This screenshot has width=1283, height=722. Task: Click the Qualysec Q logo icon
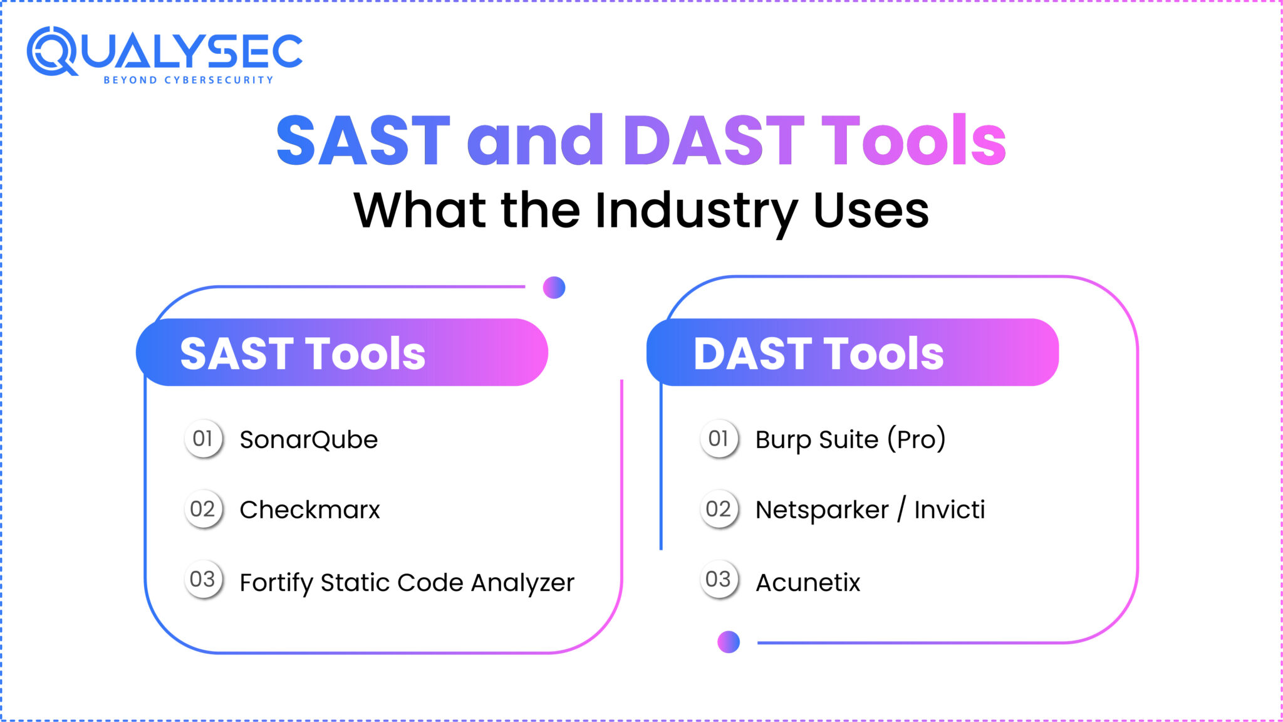[x=51, y=51]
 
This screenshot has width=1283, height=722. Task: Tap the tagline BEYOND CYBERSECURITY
[x=188, y=80]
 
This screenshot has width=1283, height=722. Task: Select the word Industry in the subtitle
[x=695, y=211]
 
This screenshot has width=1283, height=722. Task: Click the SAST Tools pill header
[x=342, y=352]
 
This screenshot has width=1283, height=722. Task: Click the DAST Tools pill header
[x=852, y=352]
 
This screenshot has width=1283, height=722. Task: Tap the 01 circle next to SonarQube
[x=203, y=439]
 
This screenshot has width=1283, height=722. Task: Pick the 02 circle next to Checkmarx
[x=203, y=509]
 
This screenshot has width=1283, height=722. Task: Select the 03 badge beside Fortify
[x=203, y=579]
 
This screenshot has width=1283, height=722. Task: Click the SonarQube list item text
[x=309, y=440]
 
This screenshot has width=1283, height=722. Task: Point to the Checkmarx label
[x=309, y=510]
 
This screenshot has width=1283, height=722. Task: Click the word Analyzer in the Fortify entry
[x=522, y=583]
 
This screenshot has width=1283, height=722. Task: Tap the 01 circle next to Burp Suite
[x=719, y=439]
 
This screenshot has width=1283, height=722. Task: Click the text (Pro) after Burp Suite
[x=916, y=439]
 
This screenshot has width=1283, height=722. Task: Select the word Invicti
[x=949, y=510]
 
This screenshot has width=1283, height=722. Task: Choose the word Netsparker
[x=822, y=510]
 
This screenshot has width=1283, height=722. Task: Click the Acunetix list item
[x=808, y=583]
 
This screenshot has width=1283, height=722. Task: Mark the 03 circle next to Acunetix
[x=719, y=579]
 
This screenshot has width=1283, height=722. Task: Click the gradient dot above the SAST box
[x=554, y=288]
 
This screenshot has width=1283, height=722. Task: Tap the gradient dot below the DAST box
[x=729, y=642]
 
